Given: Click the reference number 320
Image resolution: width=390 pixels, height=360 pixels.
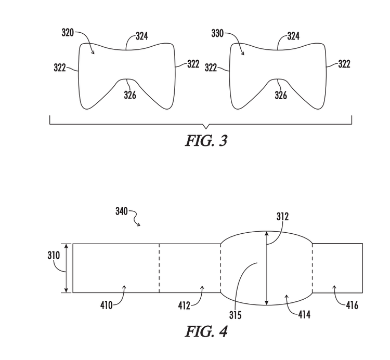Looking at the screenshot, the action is [68, 33].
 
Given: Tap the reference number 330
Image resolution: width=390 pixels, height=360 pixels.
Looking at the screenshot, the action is [217, 33].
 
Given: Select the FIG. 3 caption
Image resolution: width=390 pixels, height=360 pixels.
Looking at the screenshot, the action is [206, 141].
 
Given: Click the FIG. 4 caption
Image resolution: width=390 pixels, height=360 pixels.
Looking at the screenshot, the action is [206, 331].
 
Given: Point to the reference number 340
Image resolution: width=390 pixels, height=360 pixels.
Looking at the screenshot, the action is [122, 211].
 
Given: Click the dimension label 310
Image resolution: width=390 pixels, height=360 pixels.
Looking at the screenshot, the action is [54, 256].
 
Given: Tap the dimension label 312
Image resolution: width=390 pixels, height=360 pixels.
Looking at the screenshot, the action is [282, 217].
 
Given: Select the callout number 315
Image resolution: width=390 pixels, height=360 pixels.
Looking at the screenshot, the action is [235, 315].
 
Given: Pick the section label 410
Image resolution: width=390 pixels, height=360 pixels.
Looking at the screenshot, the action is [107, 305].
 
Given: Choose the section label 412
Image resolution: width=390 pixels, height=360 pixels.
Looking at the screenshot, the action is [184, 305].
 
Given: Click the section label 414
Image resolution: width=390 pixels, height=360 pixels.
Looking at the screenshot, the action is [304, 315].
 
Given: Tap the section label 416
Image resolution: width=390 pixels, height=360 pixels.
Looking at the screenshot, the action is [352, 305].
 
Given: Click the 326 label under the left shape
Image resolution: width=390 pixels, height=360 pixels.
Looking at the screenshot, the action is [130, 95].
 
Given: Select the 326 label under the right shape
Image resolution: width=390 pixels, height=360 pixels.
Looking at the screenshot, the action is [281, 95].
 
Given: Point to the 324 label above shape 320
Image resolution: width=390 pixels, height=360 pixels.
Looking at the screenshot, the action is [142, 36].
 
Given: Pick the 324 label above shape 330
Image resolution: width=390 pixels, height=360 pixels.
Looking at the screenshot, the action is [293, 36].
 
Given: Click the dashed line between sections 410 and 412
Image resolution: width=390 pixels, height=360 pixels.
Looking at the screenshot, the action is [159, 268].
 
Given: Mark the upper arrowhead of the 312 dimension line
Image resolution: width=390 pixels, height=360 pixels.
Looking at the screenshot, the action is [267, 234].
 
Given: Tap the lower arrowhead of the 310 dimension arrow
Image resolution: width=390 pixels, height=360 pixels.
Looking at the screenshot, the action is [66, 290].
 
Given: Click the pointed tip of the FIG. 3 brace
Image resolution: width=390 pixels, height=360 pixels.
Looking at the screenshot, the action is [206, 128].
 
